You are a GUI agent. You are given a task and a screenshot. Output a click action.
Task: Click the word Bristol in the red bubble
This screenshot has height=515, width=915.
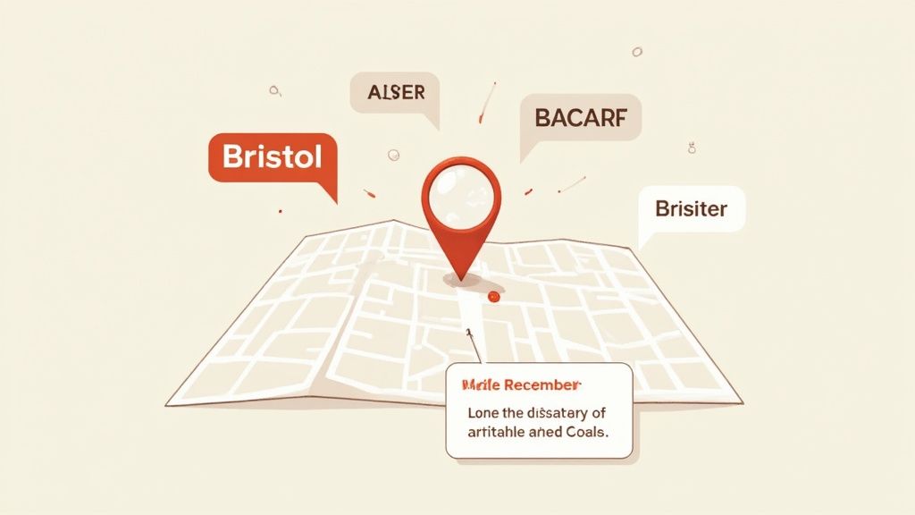coord(272,158)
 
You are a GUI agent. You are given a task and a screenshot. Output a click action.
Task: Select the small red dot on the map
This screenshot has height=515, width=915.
coord(491,296)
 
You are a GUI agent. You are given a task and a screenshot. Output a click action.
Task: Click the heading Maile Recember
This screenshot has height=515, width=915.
coord(519,385)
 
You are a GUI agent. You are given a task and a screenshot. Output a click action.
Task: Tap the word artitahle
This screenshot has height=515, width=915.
coord(497,432)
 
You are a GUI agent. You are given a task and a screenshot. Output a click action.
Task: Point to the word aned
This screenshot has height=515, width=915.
coord(545,432)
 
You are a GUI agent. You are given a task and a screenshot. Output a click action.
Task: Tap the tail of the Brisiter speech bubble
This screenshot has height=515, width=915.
coord(642,242)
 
